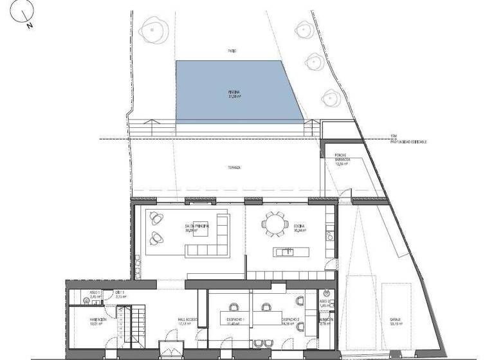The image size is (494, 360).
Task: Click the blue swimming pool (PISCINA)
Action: click(x=239, y=90)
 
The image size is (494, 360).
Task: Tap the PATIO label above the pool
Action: click(x=232, y=51)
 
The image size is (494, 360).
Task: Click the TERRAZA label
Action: click(x=234, y=168)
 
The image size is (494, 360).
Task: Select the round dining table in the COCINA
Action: click(x=273, y=225)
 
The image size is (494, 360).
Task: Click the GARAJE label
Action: click(x=395, y=319)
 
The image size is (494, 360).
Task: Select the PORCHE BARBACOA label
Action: click(x=342, y=158)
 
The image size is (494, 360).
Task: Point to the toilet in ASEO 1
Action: click(x=87, y=300)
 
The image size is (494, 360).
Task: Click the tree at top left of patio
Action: click(x=151, y=30)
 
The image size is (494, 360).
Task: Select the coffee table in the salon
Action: click(x=201, y=232)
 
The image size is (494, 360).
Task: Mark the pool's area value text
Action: click(x=234, y=96)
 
